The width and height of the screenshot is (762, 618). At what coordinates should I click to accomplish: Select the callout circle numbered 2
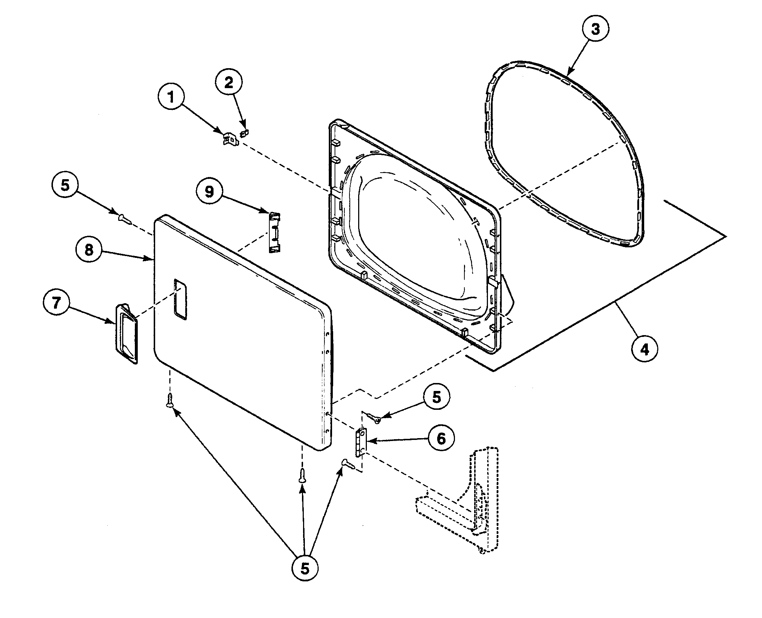pyautogui.click(x=229, y=83)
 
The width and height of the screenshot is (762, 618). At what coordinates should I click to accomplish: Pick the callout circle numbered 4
pyautogui.click(x=645, y=349)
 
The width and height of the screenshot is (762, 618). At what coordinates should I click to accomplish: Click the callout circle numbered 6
pyautogui.click(x=441, y=439)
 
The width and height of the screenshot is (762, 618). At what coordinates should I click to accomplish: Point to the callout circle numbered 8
pyautogui.click(x=89, y=250)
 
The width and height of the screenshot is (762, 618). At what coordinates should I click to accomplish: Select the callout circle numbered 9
pyautogui.click(x=210, y=191)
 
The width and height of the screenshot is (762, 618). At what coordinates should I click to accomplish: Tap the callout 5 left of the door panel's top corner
pyautogui.click(x=64, y=185)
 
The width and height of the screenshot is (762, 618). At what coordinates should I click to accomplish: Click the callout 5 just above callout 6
pyautogui.click(x=436, y=397)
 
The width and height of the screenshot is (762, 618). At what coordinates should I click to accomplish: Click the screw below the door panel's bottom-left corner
pyautogui.click(x=170, y=400)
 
